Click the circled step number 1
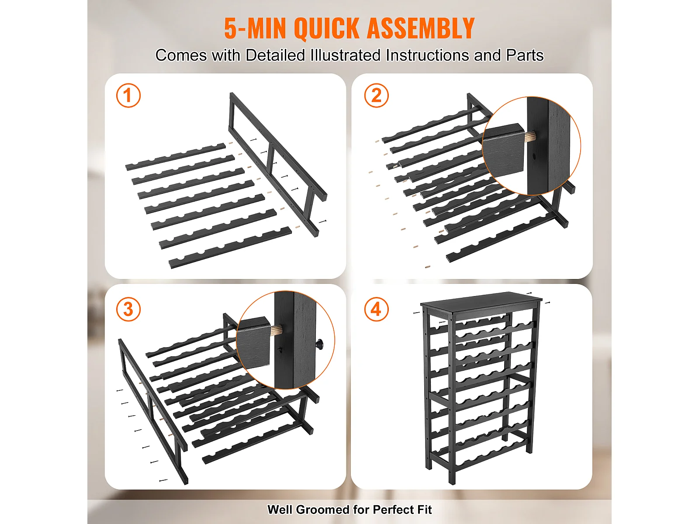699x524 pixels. (128, 96)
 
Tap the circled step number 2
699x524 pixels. (376, 96)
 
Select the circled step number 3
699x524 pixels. (128, 309)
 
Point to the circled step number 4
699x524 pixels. (376, 309)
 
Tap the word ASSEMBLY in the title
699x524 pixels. (421, 28)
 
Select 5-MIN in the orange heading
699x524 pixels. (255, 28)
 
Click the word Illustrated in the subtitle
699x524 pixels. (346, 55)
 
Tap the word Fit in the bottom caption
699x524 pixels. (425, 509)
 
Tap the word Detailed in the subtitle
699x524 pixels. (275, 55)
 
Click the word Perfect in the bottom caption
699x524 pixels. (394, 509)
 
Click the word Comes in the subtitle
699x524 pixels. (181, 55)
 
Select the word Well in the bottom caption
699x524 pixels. (281, 509)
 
